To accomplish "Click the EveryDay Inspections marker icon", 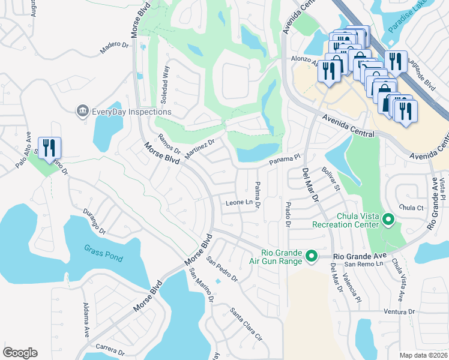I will [x=82, y=112].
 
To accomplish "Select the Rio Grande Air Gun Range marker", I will [x=311, y=257].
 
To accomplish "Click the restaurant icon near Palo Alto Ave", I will [x=49, y=148].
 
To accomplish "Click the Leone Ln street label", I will [x=238, y=203].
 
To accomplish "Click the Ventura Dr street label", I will [x=399, y=311].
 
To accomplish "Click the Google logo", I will [x=20, y=353].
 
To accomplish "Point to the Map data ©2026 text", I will [x=424, y=355].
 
